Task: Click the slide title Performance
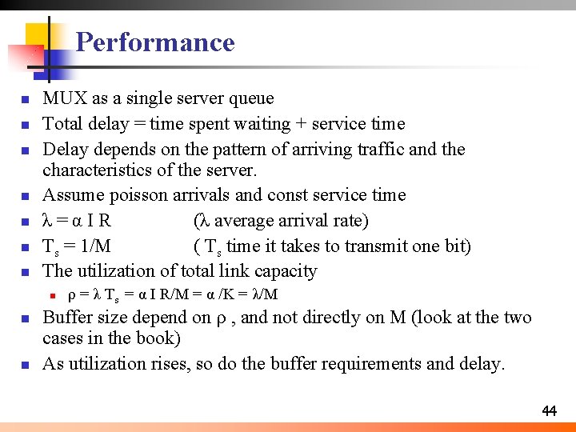(x=155, y=42)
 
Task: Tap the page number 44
(x=549, y=411)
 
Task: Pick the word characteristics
(x=98, y=170)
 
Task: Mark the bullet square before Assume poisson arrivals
(x=26, y=196)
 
